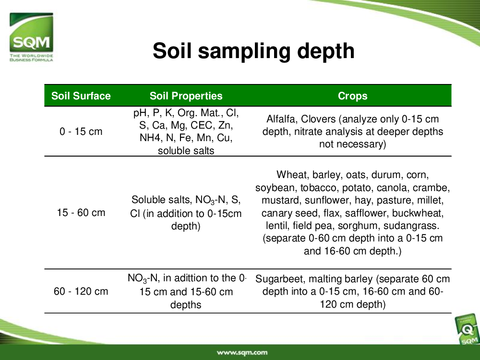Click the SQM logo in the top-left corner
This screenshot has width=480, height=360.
coord(31,37)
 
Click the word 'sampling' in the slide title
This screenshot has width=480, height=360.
coord(244,51)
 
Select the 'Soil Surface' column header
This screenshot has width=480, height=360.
coord(81,96)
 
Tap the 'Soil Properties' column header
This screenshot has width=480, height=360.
coord(186,96)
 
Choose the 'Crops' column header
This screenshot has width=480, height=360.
coord(352,96)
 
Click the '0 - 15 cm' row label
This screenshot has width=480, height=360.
coord(81,132)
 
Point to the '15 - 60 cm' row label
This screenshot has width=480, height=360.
coord(81,213)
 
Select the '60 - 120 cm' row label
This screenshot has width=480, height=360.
coord(81,291)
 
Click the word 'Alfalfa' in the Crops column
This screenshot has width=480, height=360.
coord(281,119)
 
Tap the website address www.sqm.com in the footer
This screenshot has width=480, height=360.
coord(242,352)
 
